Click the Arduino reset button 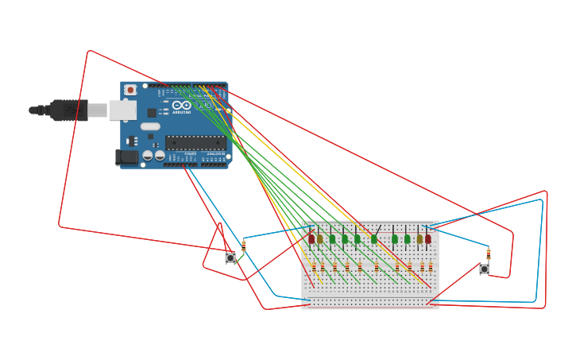click(x=130, y=90)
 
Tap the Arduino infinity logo click(x=181, y=105)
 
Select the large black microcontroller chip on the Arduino click(x=195, y=143)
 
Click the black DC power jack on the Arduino click(x=127, y=157)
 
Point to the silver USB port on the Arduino click(x=122, y=110)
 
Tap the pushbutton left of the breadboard click(x=230, y=257)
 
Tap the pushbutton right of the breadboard click(x=484, y=269)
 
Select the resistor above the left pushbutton click(x=244, y=246)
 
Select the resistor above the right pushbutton click(x=489, y=254)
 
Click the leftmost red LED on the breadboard click(x=311, y=238)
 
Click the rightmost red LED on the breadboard click(x=427, y=238)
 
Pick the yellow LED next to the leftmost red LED click(x=320, y=238)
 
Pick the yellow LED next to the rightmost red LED click(x=419, y=238)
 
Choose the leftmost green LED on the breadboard click(x=332, y=238)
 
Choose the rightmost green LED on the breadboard click(x=407, y=238)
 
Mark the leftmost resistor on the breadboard click(x=314, y=267)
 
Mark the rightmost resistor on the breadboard click(x=431, y=267)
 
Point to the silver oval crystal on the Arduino click(x=150, y=126)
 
